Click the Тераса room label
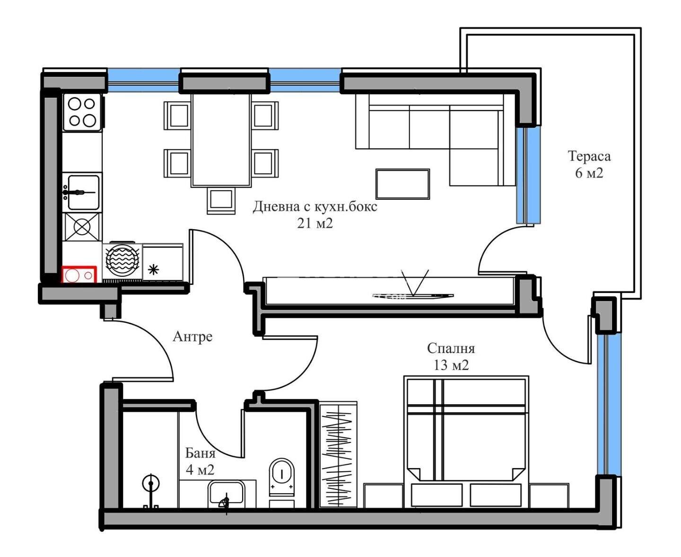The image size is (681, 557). tap(589, 156)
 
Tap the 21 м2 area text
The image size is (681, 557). tap(315, 223)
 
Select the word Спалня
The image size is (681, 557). tap(451, 349)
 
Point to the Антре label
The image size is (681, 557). tap(193, 336)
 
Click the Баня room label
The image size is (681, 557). tap(200, 453)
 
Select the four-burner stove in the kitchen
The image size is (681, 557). tap(82, 113)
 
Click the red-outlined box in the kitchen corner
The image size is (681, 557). tap(79, 274)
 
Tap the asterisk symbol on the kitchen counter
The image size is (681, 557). tap(153, 269)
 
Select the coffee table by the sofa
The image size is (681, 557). tap(402, 184)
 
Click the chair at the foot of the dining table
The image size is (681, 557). tap(221, 201)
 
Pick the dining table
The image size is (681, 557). tap(221, 140)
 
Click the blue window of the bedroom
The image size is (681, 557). tap(609, 405)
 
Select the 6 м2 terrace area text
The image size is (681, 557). tap(589, 173)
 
